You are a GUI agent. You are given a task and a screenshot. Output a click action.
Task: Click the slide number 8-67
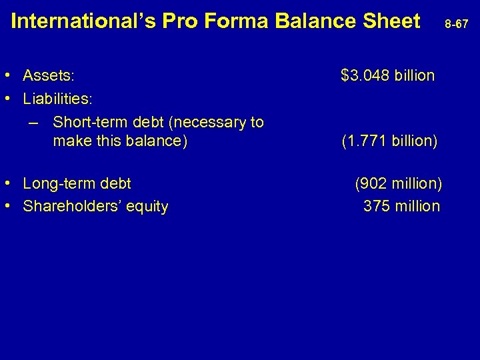tap(458, 24)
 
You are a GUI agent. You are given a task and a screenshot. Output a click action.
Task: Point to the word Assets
tap(49, 75)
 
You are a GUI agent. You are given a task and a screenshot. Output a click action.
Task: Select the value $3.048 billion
tap(387, 75)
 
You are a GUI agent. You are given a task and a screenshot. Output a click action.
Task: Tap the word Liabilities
tap(57, 99)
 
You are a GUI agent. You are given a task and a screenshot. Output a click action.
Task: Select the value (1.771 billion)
tap(389, 141)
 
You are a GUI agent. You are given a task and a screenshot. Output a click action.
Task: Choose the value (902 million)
tap(399, 183)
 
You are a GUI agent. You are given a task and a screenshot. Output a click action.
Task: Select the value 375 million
tap(401, 207)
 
